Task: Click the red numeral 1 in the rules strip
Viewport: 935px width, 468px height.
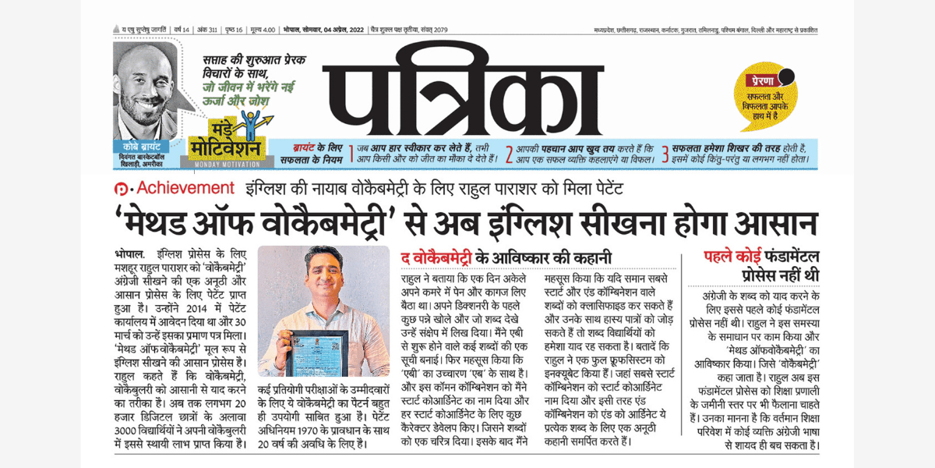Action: pos(351,154)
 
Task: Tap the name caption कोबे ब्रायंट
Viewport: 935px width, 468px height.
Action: pos(146,147)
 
